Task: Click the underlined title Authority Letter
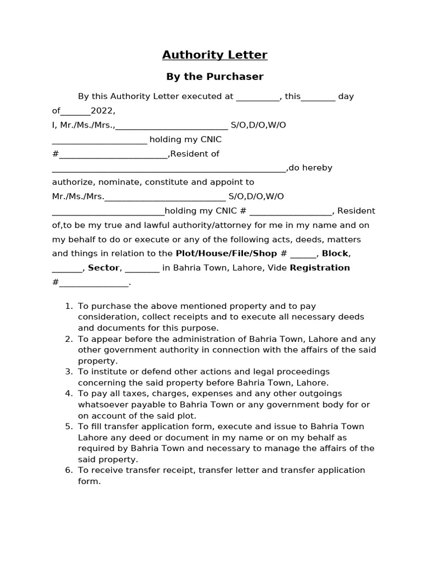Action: [x=214, y=55]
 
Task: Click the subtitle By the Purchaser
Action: [x=214, y=76]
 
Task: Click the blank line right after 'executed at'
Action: [x=258, y=97]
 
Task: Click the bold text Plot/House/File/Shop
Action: [x=226, y=253]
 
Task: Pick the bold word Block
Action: [x=335, y=253]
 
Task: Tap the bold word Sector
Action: [x=104, y=268]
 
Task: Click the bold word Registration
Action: [x=320, y=268]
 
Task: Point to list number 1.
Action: [x=68, y=306]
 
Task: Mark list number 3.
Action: [x=68, y=372]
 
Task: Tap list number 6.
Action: [x=68, y=471]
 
